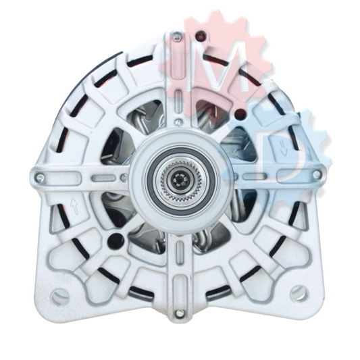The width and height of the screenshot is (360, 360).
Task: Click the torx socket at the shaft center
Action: click(179, 178)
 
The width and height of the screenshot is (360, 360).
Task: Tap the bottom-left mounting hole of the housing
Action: click(61, 297)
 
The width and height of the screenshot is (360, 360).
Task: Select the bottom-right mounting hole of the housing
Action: click(299, 294)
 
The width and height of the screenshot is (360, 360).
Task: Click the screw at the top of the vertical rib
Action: click(177, 36)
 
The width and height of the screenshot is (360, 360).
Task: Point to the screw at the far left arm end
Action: click(40, 176)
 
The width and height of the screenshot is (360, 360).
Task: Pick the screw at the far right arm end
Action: click(317, 174)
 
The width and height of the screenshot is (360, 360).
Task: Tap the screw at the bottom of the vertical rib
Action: click(179, 313)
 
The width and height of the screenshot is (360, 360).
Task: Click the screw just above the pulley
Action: click(178, 122)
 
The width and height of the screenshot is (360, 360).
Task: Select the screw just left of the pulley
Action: click(124, 177)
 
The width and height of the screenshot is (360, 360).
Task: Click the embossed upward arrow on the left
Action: click(74, 206)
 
